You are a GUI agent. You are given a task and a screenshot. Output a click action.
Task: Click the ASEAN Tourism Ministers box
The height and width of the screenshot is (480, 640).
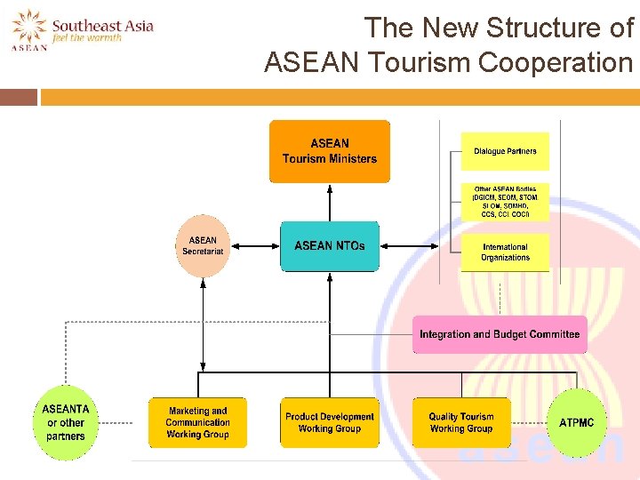point(330,151)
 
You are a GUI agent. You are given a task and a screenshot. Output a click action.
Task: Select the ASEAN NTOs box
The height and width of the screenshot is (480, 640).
point(329,245)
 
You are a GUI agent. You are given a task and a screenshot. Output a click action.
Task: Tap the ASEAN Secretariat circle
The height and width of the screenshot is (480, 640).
point(203,245)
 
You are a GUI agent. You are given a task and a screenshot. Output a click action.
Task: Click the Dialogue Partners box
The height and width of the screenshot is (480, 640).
point(505,151)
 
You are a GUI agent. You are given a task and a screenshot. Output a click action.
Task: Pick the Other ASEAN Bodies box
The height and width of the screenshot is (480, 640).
point(505,202)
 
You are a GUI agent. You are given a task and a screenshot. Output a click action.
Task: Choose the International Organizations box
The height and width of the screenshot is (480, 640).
point(505,252)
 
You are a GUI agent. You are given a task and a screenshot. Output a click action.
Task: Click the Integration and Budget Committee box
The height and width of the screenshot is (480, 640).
point(500,334)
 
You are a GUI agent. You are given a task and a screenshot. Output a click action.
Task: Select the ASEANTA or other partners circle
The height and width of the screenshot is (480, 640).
point(66,423)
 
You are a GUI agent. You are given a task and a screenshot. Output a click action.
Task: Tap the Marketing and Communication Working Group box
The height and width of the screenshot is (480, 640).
point(197,422)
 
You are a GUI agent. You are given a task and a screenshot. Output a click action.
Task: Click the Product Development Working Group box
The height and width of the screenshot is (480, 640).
point(329,422)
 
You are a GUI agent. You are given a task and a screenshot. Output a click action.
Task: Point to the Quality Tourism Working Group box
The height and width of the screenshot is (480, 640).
point(461,422)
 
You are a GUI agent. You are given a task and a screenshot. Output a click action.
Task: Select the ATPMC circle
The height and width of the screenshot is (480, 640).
point(576,423)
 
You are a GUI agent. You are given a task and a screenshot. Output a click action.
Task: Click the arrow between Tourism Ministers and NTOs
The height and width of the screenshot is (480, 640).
point(330,203)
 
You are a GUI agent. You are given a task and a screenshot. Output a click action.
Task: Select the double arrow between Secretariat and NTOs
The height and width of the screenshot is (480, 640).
point(253,245)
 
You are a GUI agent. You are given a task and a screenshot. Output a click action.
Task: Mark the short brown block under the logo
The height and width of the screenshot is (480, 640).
point(19,97)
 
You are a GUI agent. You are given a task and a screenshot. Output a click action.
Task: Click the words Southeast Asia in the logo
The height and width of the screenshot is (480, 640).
point(102,25)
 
